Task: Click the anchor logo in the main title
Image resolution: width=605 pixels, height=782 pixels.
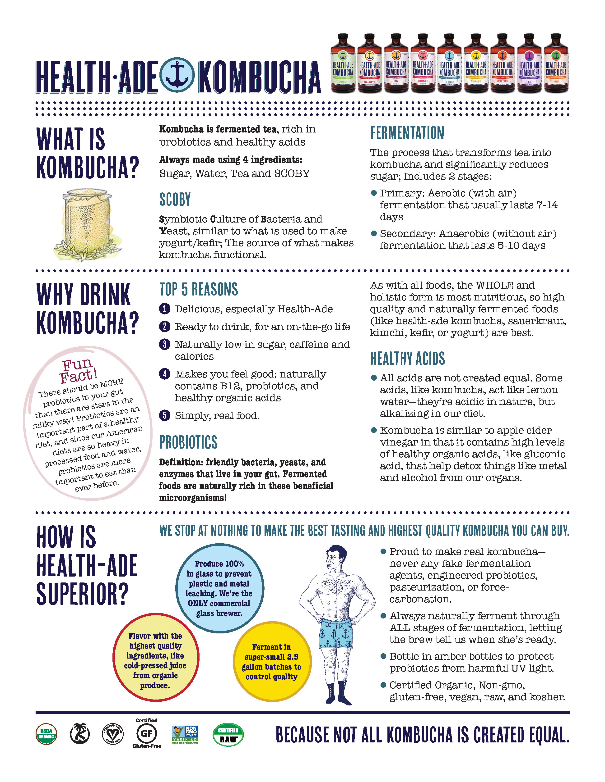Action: pyautogui.click(x=177, y=75)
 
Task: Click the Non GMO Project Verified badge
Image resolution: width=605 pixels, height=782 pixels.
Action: pyautogui.click(x=185, y=734)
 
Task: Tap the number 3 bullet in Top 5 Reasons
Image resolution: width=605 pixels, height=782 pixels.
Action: pyautogui.click(x=164, y=345)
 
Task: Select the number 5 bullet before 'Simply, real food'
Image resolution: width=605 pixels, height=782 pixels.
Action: pyautogui.click(x=164, y=416)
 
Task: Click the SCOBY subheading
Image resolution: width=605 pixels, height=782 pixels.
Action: pyautogui.click(x=175, y=200)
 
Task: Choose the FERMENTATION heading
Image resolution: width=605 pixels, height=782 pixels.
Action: pyautogui.click(x=407, y=133)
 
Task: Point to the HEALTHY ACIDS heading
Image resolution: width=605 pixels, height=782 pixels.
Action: pyautogui.click(x=408, y=358)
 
